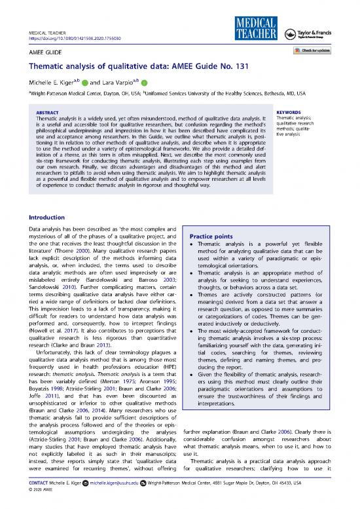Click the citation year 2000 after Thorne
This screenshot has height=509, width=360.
coord(91,250)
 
